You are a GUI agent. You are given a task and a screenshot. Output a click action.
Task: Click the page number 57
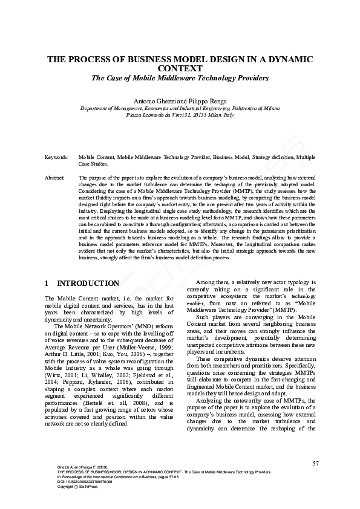click(x=315, y=464)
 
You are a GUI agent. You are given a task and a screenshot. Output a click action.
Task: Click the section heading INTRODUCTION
click(x=88, y=284)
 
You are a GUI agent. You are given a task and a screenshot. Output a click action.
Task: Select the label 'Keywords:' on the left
click(x=57, y=157)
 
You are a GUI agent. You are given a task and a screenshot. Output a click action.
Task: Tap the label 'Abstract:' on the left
click(x=55, y=178)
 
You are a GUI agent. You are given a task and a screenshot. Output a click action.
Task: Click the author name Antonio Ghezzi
click(x=155, y=99)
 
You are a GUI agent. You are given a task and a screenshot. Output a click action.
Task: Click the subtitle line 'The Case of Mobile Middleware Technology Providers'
click(x=180, y=79)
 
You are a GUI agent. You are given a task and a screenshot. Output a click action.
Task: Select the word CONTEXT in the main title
click(x=180, y=69)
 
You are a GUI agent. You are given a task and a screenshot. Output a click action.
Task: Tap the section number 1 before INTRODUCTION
click(x=47, y=284)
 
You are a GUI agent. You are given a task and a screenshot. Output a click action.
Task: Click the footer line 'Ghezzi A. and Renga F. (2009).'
click(x=71, y=467)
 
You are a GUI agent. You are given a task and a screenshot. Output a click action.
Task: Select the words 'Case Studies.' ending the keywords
click(x=94, y=163)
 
